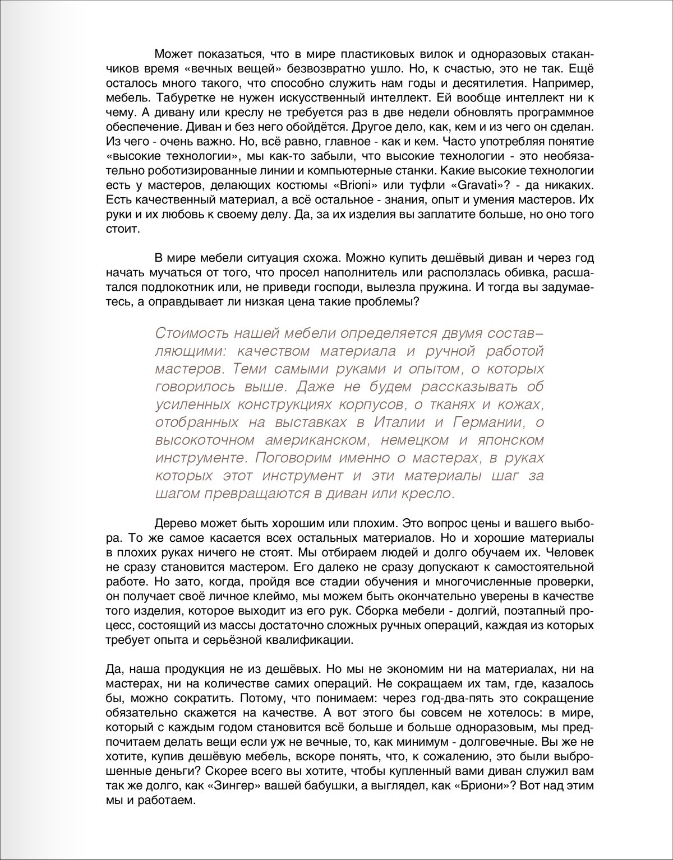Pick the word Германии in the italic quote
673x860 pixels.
[x=490, y=422]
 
